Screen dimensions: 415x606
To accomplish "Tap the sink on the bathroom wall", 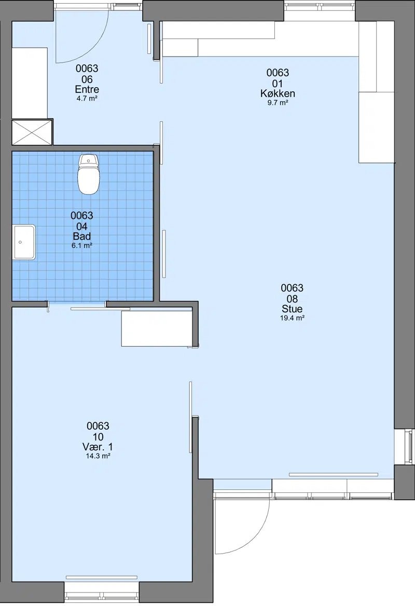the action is (x=24, y=242).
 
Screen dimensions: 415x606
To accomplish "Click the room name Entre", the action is (x=87, y=89).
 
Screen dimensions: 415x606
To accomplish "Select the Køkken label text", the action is (x=278, y=93).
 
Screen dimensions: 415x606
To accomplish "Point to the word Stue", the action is (x=292, y=309).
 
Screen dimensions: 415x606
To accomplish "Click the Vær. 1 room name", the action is (x=98, y=447).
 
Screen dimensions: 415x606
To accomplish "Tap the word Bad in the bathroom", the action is (x=82, y=236).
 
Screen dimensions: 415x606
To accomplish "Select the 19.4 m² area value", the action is (x=292, y=318).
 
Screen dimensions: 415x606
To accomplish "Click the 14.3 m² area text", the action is (x=98, y=456).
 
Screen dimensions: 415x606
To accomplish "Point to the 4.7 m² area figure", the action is (x=87, y=99).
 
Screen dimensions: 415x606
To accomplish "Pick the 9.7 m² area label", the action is (x=278, y=103).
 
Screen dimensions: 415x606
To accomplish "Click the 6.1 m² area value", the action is (x=82, y=245).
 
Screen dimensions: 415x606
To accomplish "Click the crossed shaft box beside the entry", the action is (x=32, y=133).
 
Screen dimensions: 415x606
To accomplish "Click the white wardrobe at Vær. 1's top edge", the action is (x=157, y=328).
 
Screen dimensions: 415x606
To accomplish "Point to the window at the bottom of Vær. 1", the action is (x=101, y=591).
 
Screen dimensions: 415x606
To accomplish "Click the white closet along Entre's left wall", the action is (x=30, y=83).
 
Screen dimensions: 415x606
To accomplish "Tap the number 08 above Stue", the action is (x=292, y=299).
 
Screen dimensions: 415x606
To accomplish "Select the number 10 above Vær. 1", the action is (x=98, y=437).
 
